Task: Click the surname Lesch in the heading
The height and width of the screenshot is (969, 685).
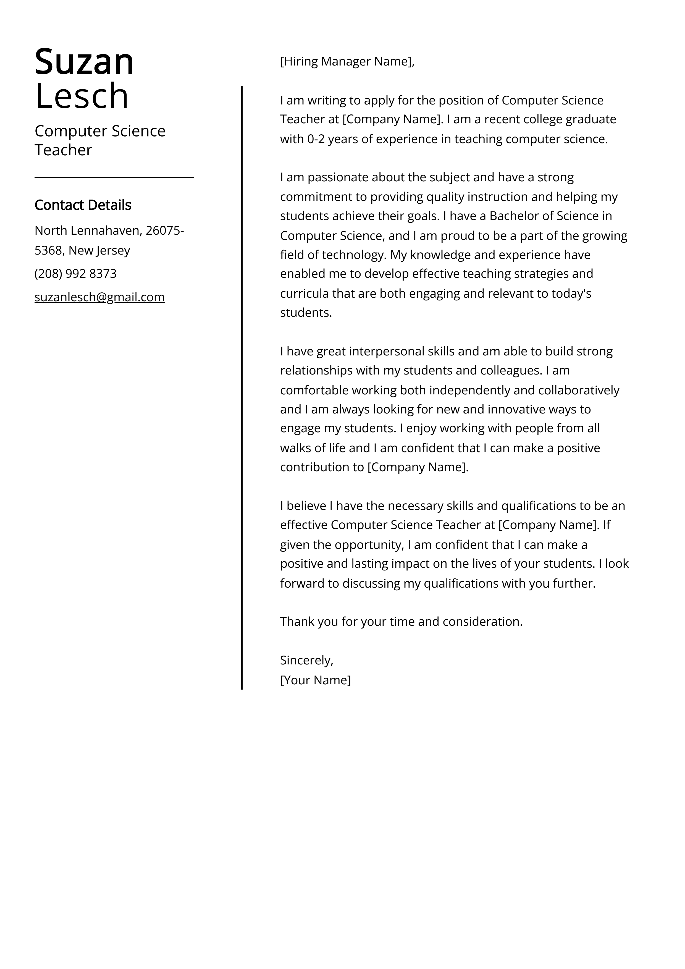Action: pyautogui.click(x=82, y=96)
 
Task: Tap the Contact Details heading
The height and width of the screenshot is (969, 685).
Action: pyautogui.click(x=83, y=205)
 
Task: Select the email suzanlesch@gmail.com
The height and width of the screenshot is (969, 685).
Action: pyautogui.click(x=99, y=297)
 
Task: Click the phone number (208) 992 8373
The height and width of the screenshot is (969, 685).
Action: pyautogui.click(x=75, y=273)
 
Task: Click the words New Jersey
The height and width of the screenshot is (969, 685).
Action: pyautogui.click(x=99, y=250)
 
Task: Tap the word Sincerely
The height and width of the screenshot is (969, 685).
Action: pyautogui.click(x=306, y=660)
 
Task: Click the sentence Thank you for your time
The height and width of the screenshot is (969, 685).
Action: pyautogui.click(x=401, y=622)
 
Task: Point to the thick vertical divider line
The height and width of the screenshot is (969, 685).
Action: pyautogui.click(x=242, y=380)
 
